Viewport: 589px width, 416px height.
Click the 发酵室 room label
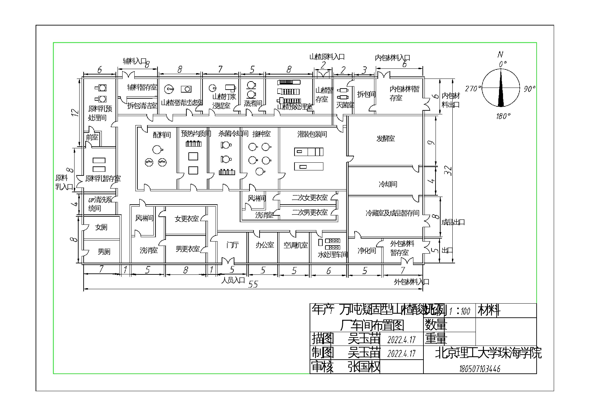[x=386, y=139]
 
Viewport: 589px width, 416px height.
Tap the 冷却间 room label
[x=388, y=184]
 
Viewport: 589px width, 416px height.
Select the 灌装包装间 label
[x=312, y=135]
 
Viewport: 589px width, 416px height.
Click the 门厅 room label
[x=232, y=245]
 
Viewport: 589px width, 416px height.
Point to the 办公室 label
[x=265, y=245]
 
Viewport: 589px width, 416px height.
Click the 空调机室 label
[x=296, y=246]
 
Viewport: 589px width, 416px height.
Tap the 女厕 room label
[x=101, y=227]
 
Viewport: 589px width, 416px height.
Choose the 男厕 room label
[x=104, y=252]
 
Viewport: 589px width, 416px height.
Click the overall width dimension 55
[x=253, y=284]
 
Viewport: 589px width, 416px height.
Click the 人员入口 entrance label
[x=233, y=280]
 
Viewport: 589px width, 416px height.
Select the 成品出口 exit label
[x=453, y=222]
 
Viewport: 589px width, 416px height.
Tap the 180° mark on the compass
[x=503, y=116]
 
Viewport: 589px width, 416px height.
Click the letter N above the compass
[x=500, y=55]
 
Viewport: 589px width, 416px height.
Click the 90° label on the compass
[x=530, y=89]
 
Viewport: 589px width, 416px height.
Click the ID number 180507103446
[x=480, y=369]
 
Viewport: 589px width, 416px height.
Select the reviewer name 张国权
[x=364, y=367]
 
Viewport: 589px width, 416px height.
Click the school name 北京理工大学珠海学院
[x=488, y=353]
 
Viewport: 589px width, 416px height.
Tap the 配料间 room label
[x=162, y=135]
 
